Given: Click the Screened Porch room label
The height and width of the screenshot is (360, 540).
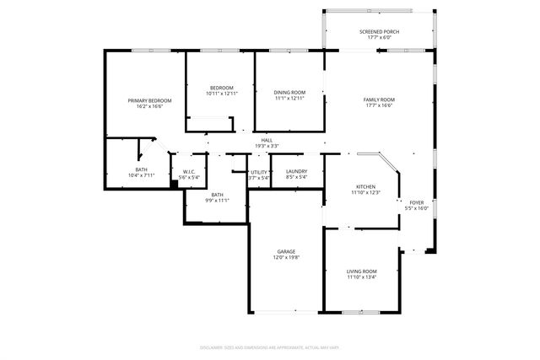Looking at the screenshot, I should click(379, 31).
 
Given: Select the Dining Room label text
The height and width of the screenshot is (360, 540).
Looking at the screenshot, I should click(289, 92).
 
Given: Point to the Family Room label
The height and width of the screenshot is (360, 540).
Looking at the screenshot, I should click(379, 99).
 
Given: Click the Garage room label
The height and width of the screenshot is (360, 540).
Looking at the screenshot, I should click(286, 251).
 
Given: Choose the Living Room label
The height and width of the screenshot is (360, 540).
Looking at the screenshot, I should click(361, 271).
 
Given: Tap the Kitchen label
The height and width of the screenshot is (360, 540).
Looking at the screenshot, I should click(365, 187).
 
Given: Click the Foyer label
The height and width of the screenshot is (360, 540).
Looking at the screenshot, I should click(417, 202).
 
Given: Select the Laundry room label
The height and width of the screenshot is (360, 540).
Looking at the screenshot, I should click(296, 172).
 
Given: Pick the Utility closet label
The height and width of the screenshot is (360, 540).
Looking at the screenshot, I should click(259, 172).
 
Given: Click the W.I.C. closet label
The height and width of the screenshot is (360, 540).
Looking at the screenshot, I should click(189, 172).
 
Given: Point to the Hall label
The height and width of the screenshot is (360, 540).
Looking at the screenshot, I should click(267, 140).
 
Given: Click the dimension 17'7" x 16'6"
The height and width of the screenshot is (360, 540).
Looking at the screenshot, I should click(379, 105).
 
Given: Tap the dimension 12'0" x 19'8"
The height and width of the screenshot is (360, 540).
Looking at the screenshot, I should click(286, 257).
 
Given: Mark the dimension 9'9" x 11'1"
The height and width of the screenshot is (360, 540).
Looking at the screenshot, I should click(217, 201).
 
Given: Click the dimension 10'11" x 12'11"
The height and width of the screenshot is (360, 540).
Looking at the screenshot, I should click(221, 94).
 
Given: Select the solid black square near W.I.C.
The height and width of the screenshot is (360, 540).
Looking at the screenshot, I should click(174, 182).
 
